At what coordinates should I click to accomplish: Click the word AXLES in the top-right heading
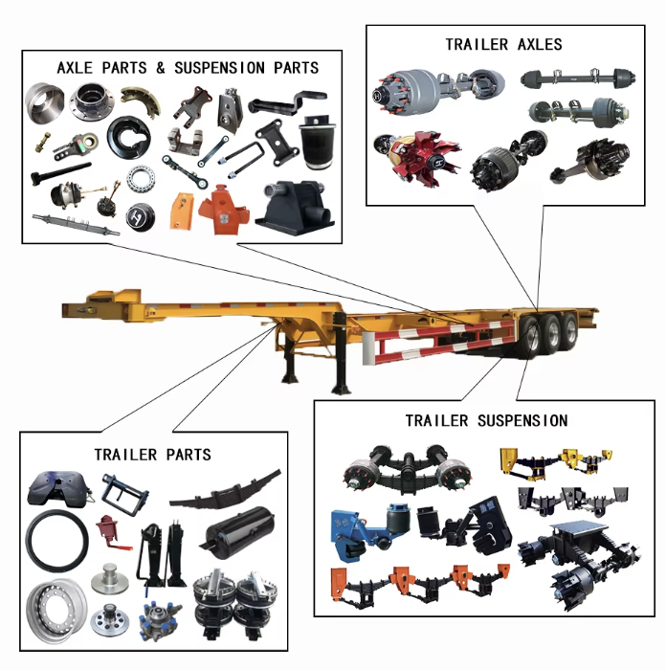tap(540, 44)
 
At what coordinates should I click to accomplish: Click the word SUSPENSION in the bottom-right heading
tap(522, 421)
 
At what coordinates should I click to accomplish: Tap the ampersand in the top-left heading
tap(160, 68)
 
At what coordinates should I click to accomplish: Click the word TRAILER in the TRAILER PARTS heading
tap(125, 455)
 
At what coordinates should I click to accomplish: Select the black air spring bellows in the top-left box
tap(318, 141)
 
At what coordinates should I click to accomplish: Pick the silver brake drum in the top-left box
tap(44, 103)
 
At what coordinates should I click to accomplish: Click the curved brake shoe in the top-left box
tap(141, 100)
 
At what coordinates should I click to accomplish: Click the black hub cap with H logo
tap(140, 217)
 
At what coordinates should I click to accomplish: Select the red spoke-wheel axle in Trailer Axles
tap(417, 158)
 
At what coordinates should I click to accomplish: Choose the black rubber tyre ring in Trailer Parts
tap(56, 541)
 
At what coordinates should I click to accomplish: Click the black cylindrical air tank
tap(237, 532)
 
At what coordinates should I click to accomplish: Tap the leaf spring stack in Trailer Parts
tap(226, 490)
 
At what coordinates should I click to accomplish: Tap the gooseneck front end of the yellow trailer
tap(102, 305)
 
